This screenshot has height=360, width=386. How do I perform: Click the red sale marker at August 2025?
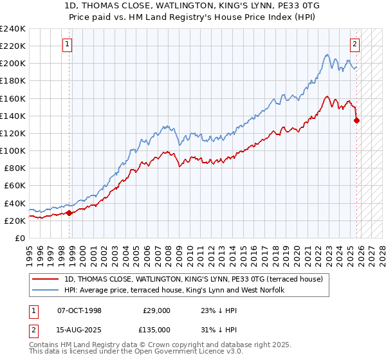pos(357,120)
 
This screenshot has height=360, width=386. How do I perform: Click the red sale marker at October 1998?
pos(69,213)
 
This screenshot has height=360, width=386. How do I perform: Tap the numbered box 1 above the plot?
pos(68,44)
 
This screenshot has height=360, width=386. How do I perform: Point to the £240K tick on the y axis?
pos(13,29)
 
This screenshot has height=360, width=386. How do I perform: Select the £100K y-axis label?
pos(13,150)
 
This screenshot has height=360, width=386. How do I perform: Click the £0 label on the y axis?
pos(19,238)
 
